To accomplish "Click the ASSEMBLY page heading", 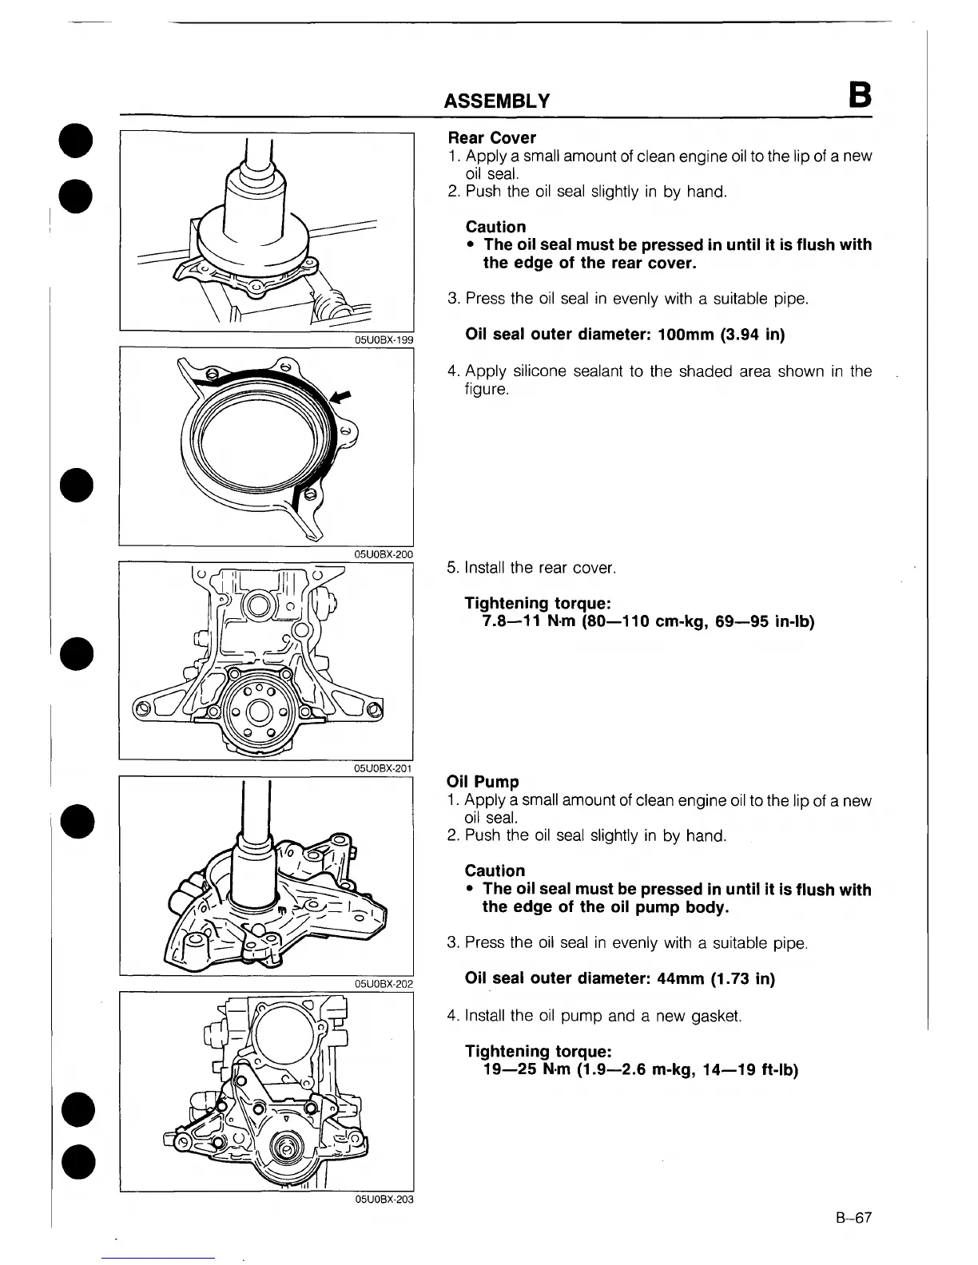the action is click(x=496, y=101).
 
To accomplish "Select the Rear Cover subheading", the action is click(x=492, y=138).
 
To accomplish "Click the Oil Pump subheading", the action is click(x=483, y=782).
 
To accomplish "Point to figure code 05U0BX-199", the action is click(x=384, y=339).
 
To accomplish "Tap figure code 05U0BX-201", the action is click(x=384, y=768).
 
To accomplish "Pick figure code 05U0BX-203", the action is click(x=384, y=1199).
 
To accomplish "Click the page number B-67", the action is click(x=853, y=1218).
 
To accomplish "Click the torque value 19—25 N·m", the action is click(x=527, y=1070).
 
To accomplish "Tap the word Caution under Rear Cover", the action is click(x=495, y=227).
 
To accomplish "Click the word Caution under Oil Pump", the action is click(x=495, y=870).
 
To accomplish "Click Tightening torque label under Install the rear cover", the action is click(x=538, y=604).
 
